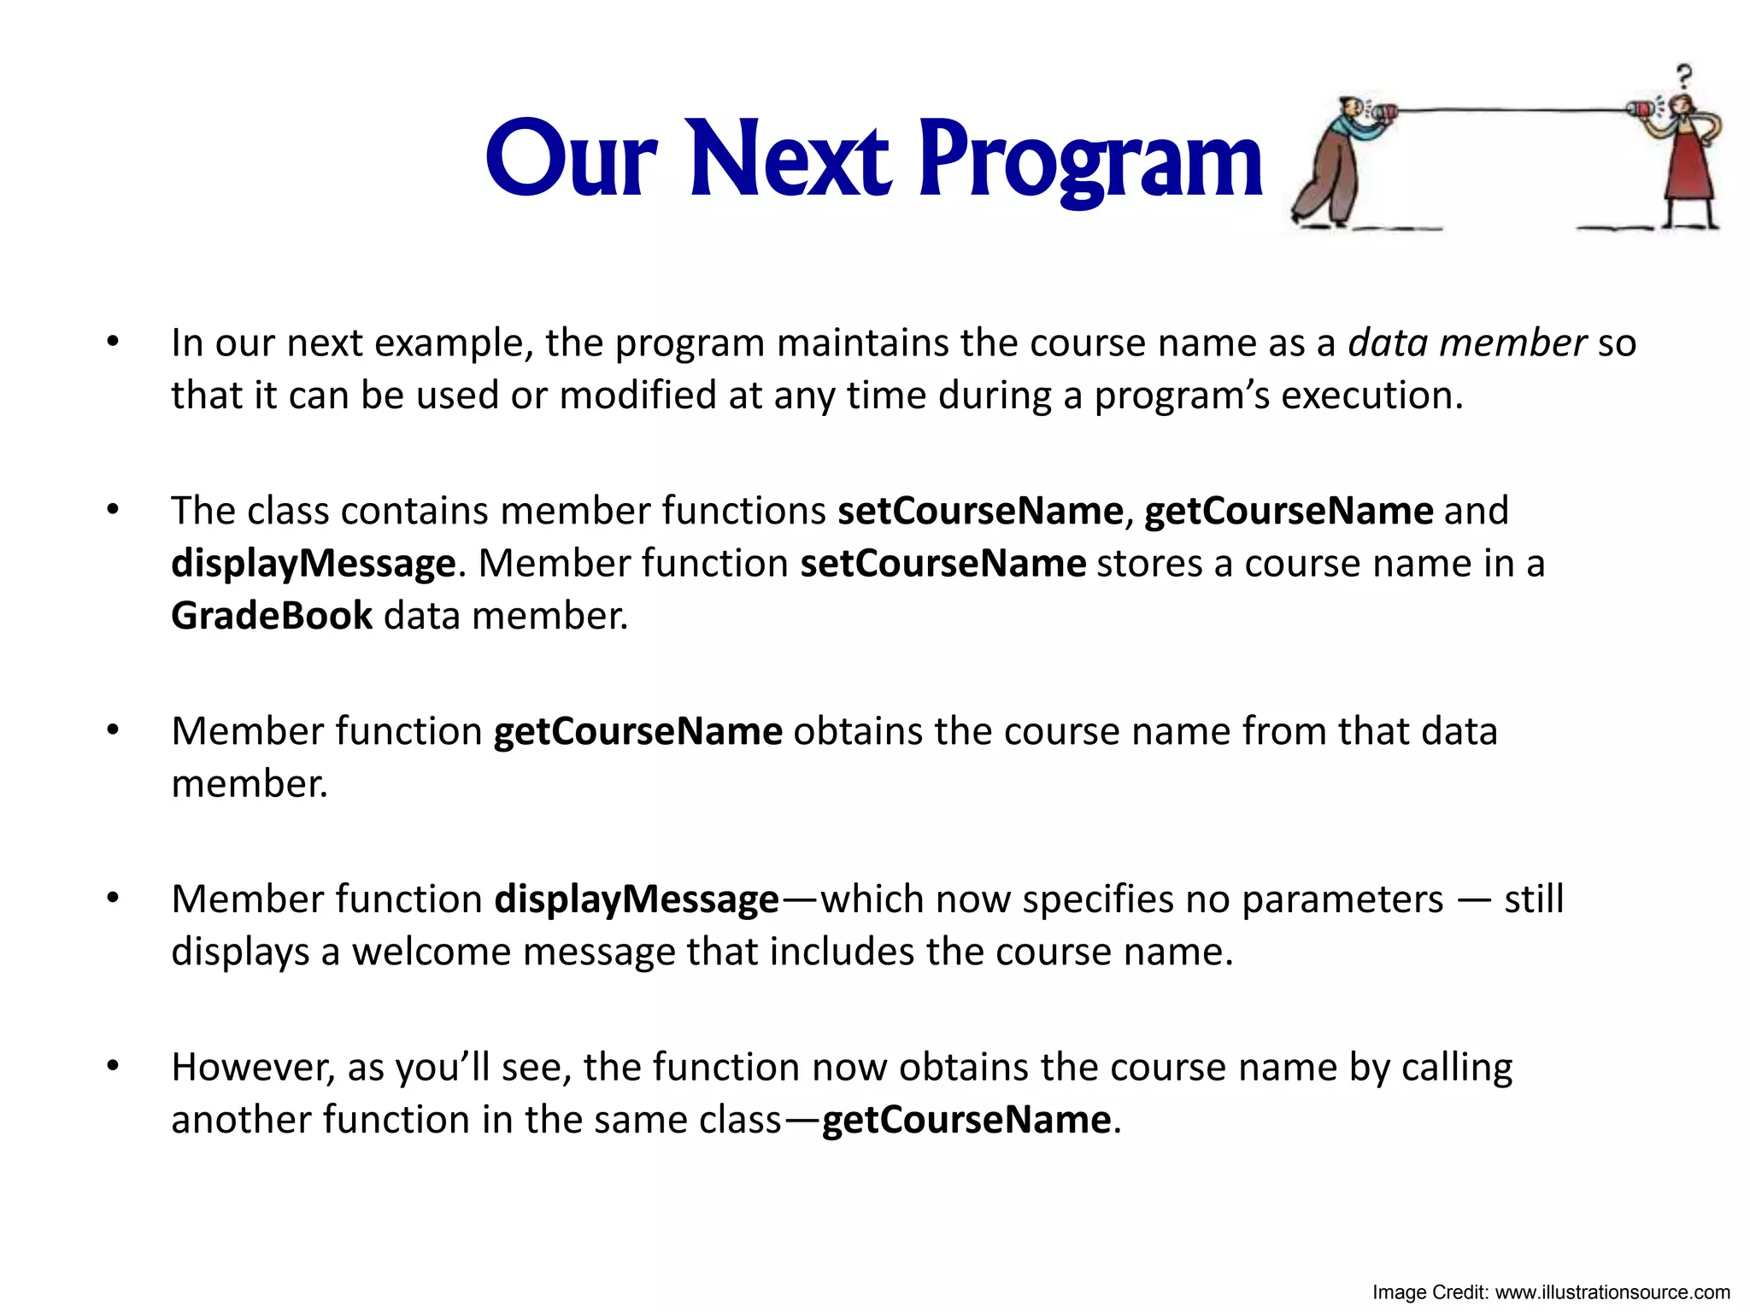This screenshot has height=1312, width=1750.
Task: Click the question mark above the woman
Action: pos(1683,77)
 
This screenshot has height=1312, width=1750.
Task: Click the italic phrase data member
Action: pos(1467,343)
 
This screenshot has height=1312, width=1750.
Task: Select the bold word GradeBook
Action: pos(272,616)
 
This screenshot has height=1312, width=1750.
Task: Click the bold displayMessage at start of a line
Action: pos(313,564)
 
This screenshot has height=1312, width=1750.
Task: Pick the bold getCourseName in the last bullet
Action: pos(966,1120)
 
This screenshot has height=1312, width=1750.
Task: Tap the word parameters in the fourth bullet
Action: pos(1342,899)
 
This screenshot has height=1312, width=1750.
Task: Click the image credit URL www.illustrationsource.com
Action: pos(1612,1292)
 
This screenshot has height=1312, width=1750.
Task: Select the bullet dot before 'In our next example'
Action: pos(113,343)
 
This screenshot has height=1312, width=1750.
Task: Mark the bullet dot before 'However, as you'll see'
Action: pos(113,1067)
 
